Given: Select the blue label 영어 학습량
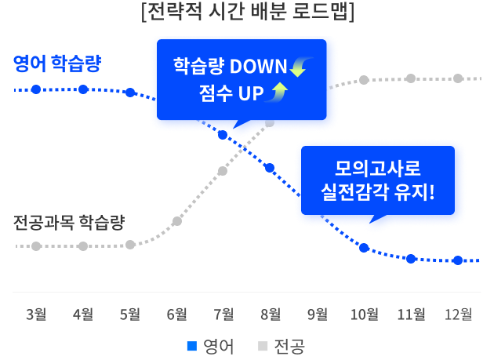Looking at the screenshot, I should coord(57,64).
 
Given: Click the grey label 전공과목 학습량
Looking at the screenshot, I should coord(69,222).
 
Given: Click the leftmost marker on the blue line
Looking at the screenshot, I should coord(36,89).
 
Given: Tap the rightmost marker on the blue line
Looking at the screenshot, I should coord(458,260).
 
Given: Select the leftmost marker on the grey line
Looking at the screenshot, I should coord(36,246).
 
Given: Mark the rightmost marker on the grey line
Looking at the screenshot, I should coord(458,78).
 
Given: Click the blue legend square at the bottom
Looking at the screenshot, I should coord(192,346).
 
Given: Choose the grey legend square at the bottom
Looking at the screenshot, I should coord(263,346).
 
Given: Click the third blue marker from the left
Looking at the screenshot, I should coord(130,93).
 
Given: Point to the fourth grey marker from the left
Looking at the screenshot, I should coord(176,221).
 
